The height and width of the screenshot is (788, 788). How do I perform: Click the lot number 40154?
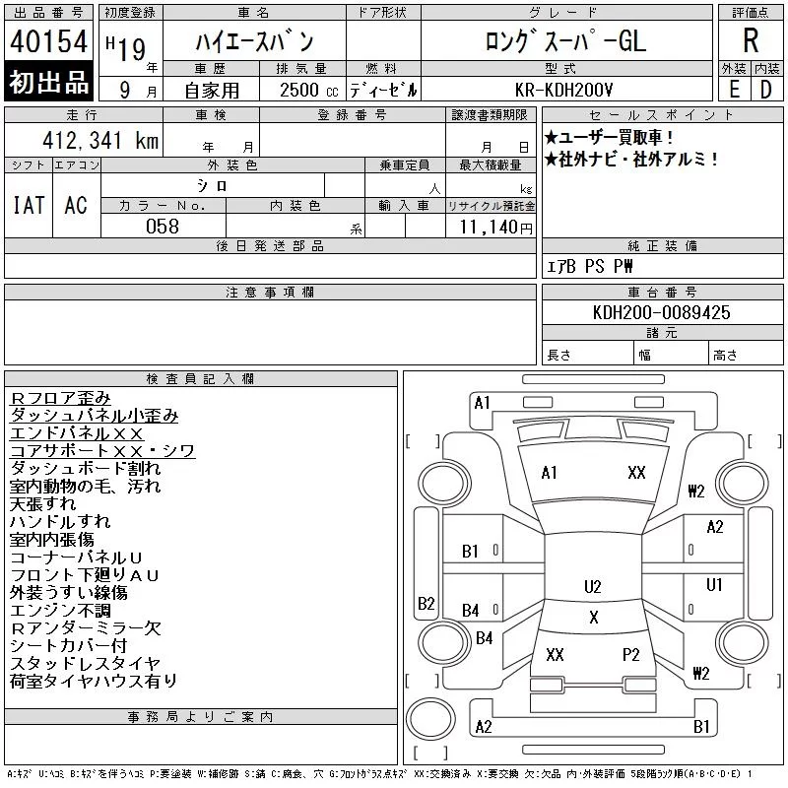[x=48, y=41]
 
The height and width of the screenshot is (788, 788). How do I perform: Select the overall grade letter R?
[x=751, y=40]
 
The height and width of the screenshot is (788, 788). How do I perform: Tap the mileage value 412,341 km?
[x=100, y=140]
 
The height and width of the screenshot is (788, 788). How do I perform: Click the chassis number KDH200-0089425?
[x=661, y=312]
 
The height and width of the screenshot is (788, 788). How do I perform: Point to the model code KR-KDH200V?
[x=563, y=90]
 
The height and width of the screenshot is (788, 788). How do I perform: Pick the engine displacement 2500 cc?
[x=308, y=91]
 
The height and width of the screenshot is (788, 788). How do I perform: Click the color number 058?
[x=163, y=227]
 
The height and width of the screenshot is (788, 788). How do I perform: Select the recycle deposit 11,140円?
[x=495, y=228]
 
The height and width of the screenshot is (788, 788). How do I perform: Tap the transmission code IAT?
[x=29, y=205]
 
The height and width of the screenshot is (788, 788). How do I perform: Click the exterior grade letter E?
[x=735, y=90]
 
